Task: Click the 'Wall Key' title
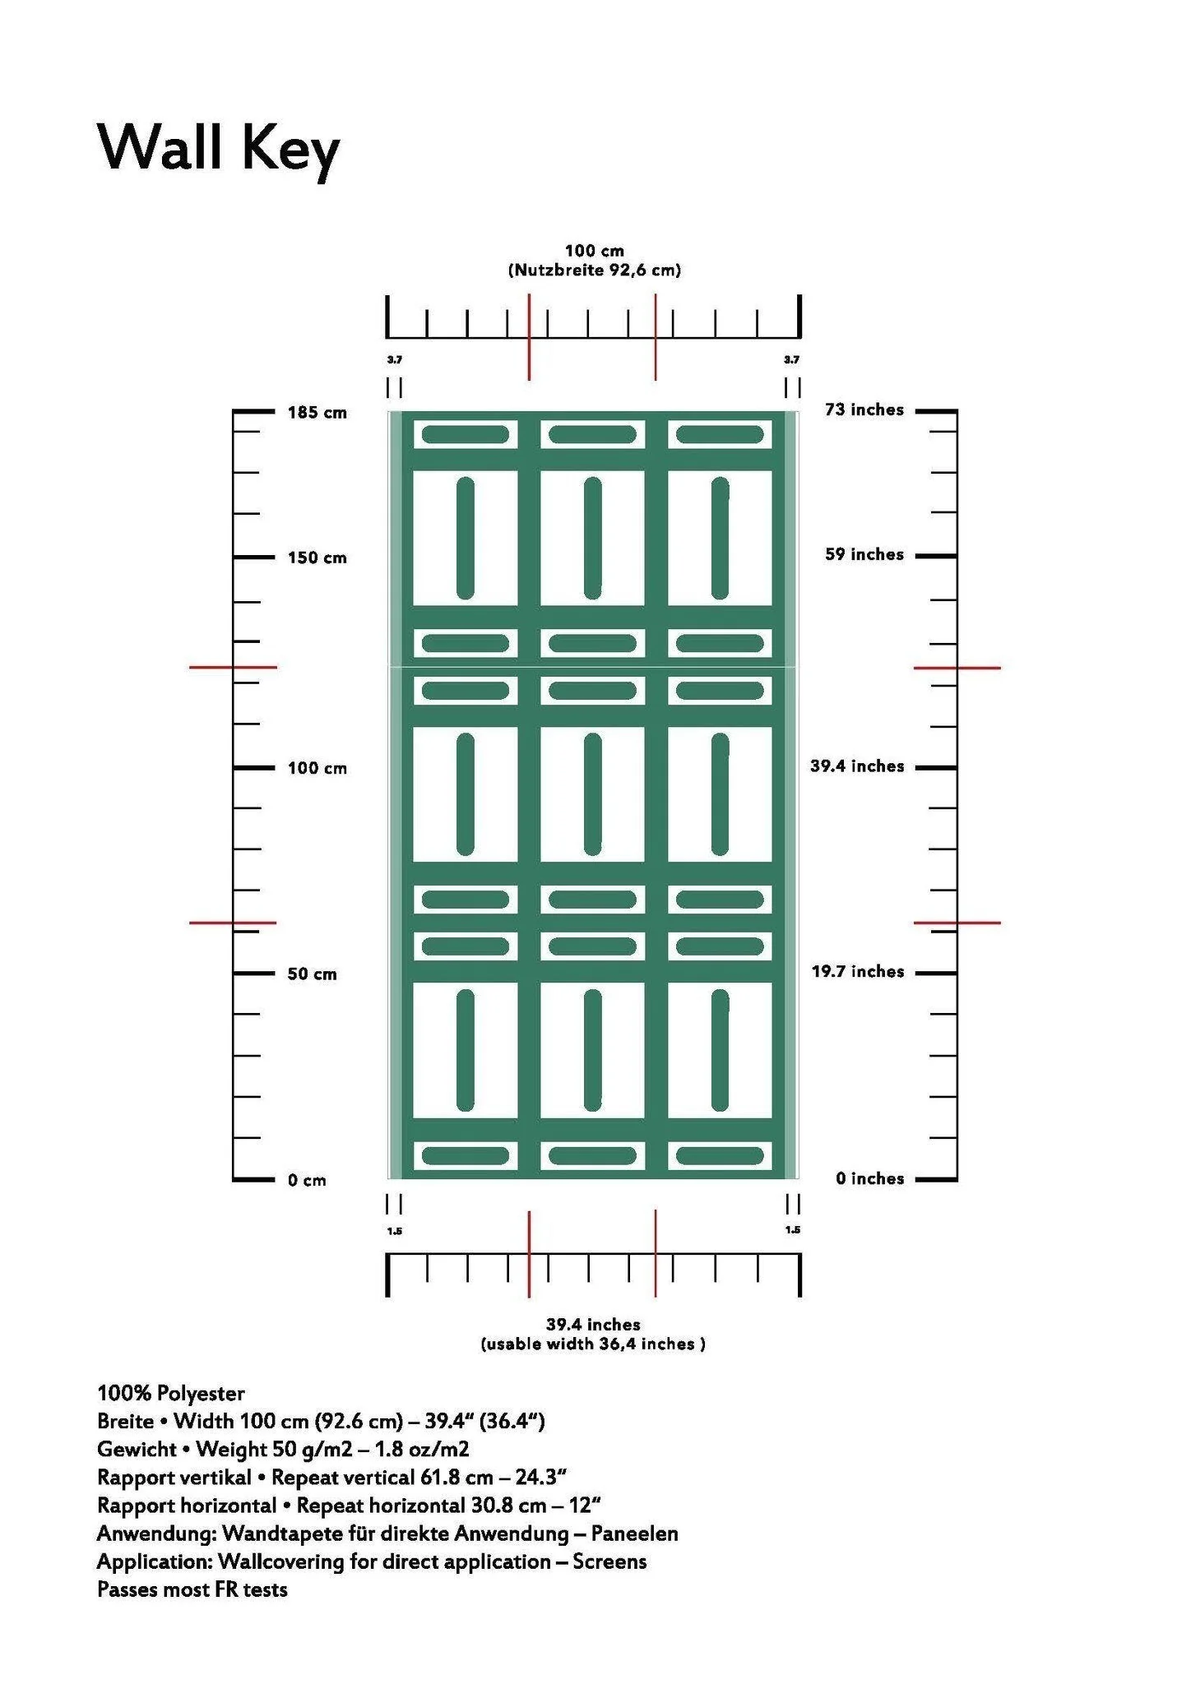point(218,149)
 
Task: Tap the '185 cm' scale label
point(317,413)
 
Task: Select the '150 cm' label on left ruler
point(317,558)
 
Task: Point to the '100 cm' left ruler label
point(317,769)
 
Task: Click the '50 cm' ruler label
point(312,974)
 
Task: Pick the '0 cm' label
point(307,1181)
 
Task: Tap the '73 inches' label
point(864,410)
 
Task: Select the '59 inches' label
point(864,555)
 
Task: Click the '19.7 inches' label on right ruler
point(857,972)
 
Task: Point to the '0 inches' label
point(869,1179)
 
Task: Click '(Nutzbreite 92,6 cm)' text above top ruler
point(594,271)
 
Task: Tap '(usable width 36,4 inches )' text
point(593,1344)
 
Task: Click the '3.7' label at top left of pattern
point(395,360)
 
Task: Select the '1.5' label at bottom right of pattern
point(792,1230)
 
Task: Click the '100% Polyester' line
point(171,1393)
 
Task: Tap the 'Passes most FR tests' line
point(192,1589)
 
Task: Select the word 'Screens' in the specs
point(609,1561)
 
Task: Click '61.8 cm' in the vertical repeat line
point(456,1478)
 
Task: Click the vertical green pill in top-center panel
point(592,538)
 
